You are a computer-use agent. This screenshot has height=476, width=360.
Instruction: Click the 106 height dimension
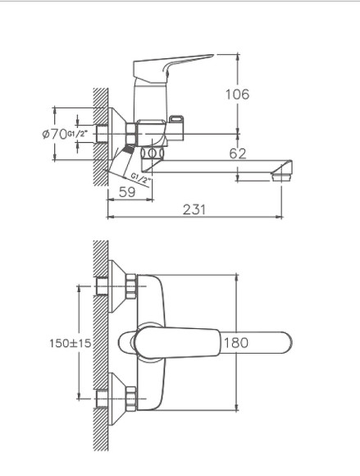point(237,94)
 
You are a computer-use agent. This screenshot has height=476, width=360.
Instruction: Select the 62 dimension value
point(237,153)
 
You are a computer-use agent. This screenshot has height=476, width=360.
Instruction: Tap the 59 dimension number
point(127,192)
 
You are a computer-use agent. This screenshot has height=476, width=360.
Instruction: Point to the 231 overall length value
point(194,210)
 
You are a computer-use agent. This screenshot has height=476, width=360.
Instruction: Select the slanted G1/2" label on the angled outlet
point(140,176)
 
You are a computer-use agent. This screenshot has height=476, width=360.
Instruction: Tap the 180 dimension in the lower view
point(235,343)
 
